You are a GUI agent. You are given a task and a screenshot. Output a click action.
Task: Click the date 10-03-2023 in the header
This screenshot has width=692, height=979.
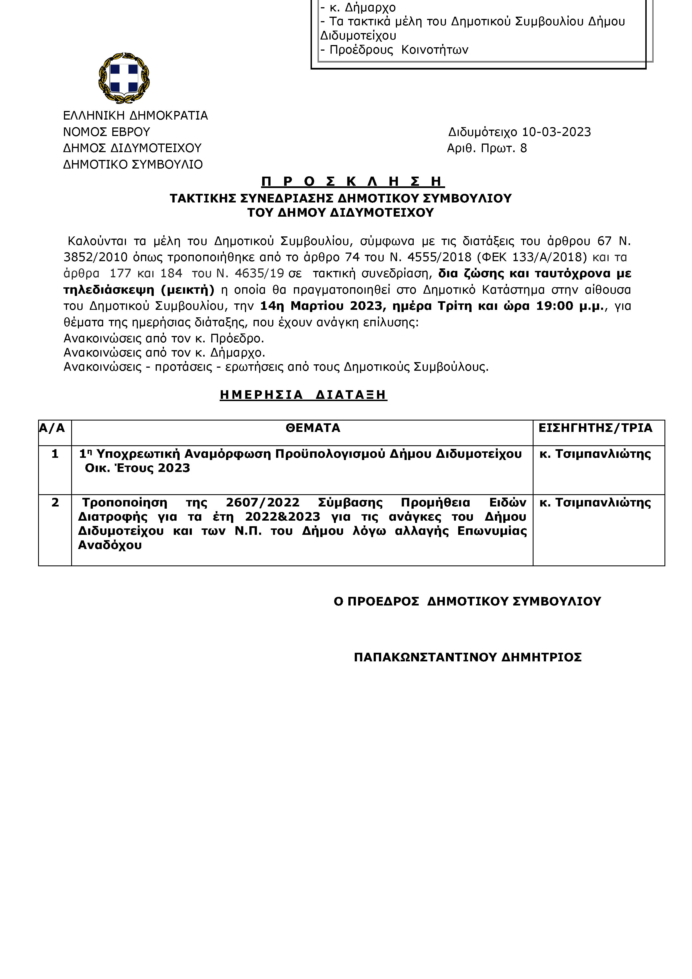point(557,132)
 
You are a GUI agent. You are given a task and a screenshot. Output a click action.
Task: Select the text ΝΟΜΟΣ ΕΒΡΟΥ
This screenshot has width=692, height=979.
point(106,132)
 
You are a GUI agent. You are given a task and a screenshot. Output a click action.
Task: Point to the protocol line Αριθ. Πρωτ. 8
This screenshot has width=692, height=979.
point(487,149)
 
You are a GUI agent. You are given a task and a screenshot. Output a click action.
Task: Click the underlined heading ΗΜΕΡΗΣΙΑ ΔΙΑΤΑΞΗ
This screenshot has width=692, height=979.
point(303,395)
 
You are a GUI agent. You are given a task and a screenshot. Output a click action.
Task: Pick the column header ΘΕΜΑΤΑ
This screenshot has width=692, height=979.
point(313,428)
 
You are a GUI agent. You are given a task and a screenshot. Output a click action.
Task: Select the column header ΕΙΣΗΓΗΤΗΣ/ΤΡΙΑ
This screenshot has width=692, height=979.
point(595,428)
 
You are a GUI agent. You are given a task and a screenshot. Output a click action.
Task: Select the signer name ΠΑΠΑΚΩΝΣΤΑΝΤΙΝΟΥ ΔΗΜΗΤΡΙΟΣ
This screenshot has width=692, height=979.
point(467,657)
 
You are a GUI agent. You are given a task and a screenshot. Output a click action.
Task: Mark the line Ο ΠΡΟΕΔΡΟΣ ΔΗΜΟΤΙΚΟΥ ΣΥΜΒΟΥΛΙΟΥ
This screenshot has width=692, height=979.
point(467,602)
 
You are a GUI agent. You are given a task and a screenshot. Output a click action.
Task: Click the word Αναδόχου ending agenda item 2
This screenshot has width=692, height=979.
point(110,545)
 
